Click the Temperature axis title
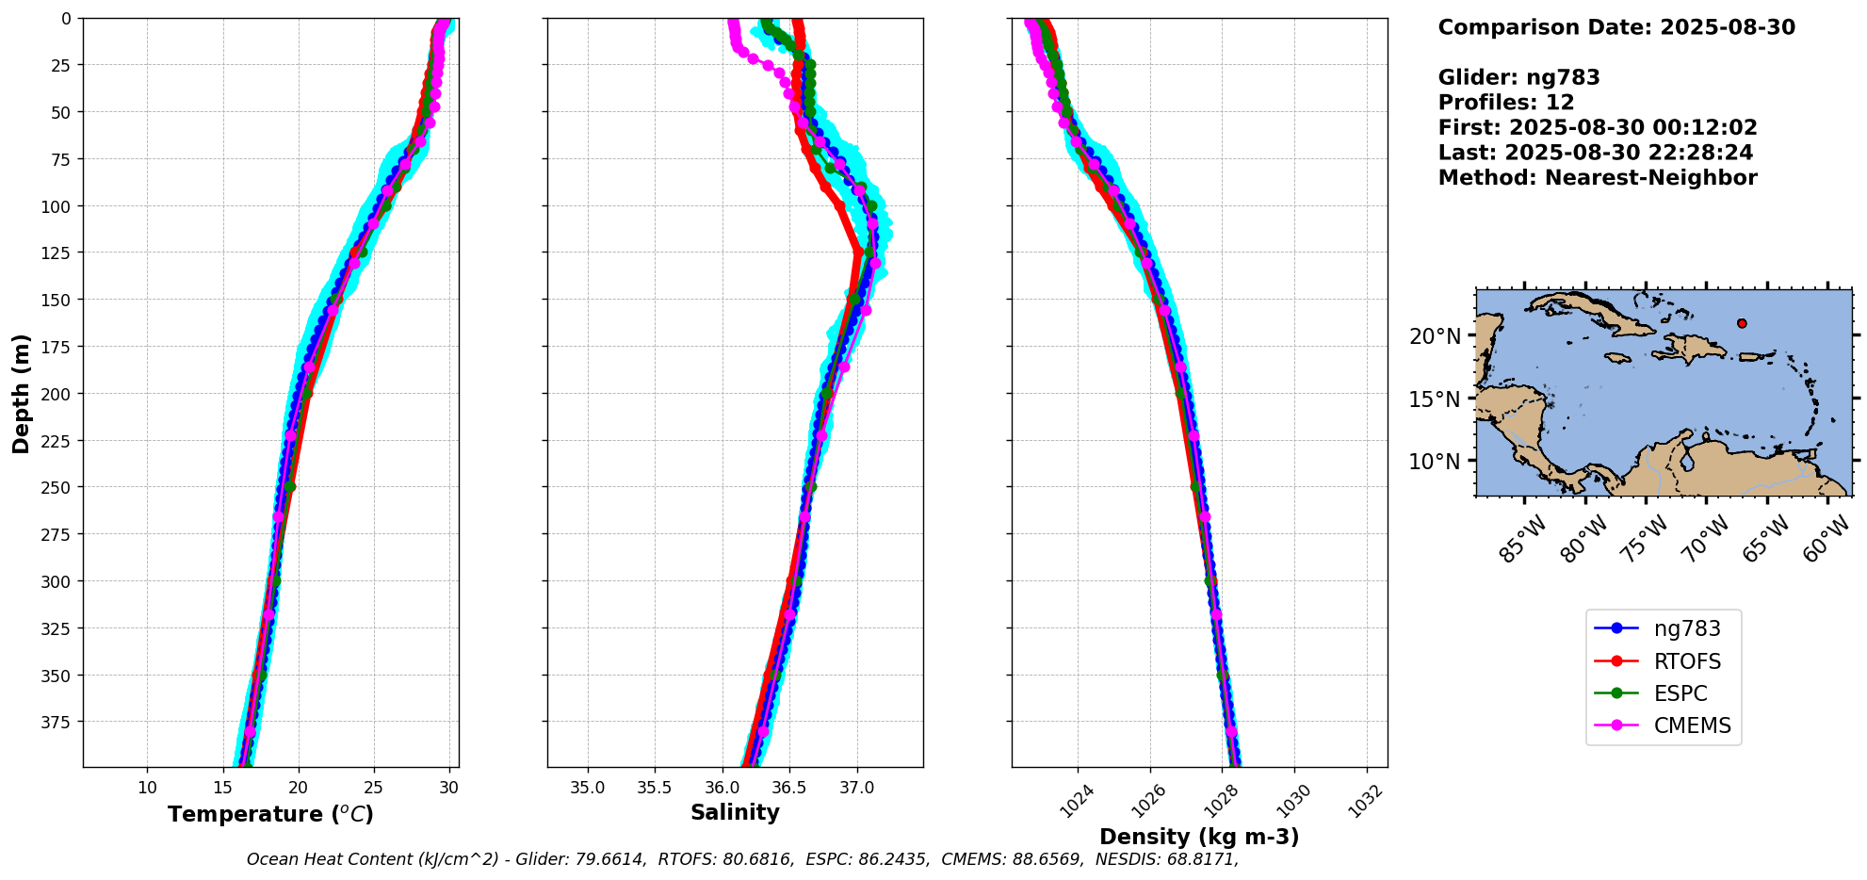pyautogui.click(x=270, y=814)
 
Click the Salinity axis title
pyautogui.click(x=735, y=812)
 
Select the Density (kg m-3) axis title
pyautogui.click(x=1199, y=837)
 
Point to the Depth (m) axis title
pyautogui.click(x=21, y=393)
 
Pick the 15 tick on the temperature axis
pyautogui.click(x=222, y=788)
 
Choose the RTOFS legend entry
pyautogui.click(x=1687, y=661)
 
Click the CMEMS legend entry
pyautogui.click(x=1692, y=725)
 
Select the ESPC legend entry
pyautogui.click(x=1680, y=693)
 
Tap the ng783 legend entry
pyautogui.click(x=1687, y=628)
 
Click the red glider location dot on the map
pyautogui.click(x=1742, y=323)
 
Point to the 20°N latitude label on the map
pyautogui.click(x=1435, y=336)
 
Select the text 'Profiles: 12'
pyautogui.click(x=1506, y=103)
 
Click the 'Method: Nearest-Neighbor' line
pyautogui.click(x=1598, y=178)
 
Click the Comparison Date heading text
pyautogui.click(x=1616, y=27)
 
